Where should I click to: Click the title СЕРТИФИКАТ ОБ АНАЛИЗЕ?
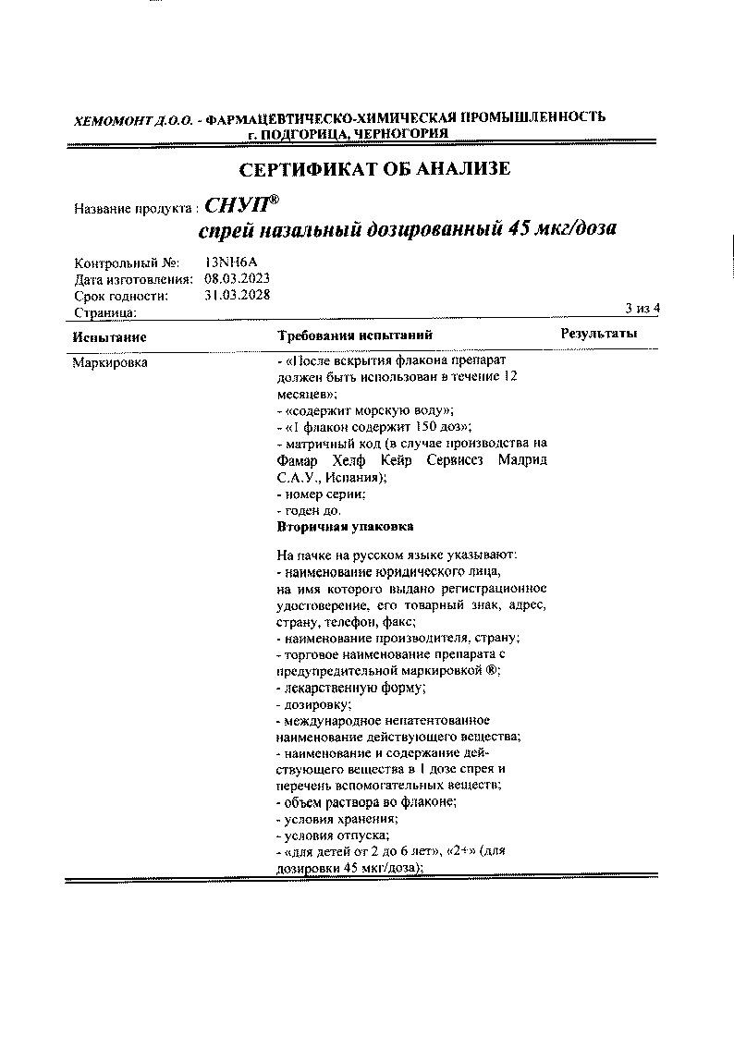(x=374, y=169)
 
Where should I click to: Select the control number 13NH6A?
(x=231, y=262)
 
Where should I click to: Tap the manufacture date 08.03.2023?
(x=237, y=278)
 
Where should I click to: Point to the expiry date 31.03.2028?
(x=237, y=296)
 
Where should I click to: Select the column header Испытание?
(x=110, y=336)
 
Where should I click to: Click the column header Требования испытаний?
(x=355, y=335)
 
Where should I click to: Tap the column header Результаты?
(x=599, y=334)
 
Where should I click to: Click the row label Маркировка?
(x=110, y=362)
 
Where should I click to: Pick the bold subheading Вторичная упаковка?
(x=345, y=526)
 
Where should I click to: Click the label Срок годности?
(x=121, y=296)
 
